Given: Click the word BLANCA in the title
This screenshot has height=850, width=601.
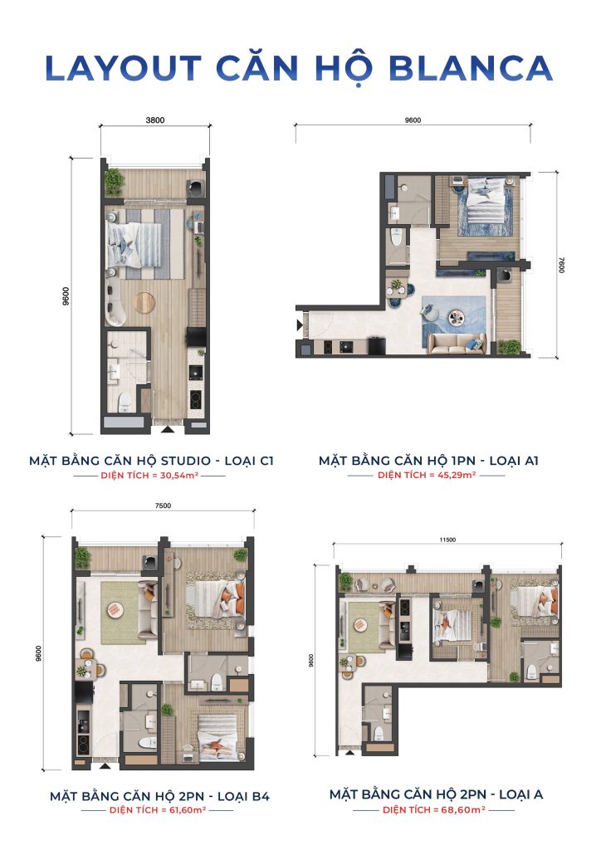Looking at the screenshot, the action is point(471,68).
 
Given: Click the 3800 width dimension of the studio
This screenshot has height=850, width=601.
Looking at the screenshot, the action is point(155,120).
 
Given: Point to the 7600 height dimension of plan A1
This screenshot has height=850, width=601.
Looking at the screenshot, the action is point(561,265).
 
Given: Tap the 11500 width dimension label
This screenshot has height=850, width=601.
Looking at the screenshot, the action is point(447,540).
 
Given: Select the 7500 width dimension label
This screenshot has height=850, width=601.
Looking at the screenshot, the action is point(163,506).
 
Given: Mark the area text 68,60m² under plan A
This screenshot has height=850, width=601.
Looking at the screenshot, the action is point(462,809).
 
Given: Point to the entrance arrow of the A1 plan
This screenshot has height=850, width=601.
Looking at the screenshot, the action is point(299,325).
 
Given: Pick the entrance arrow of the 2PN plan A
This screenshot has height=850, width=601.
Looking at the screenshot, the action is point(350,752).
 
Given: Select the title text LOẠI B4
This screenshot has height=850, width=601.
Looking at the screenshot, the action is point(242,796).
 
